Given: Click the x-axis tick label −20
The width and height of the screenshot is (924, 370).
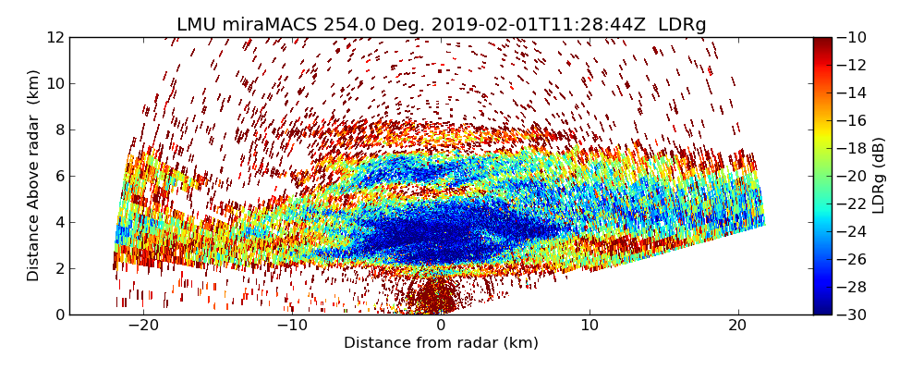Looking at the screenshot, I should tap(142, 327).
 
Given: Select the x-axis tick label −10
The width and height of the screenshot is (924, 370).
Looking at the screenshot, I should tap(291, 327).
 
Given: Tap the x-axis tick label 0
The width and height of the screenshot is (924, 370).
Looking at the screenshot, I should tap(441, 327).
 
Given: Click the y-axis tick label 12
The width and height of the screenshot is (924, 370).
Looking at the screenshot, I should tap(55, 38).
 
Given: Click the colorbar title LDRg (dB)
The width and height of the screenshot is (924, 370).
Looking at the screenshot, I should tap(879, 176).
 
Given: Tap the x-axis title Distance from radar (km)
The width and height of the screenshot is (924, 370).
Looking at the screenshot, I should tap(441, 343).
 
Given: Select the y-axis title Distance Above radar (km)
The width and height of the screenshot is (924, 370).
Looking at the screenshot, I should tap(34, 176).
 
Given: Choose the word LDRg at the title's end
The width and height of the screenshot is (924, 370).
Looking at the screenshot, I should tap(682, 25).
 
